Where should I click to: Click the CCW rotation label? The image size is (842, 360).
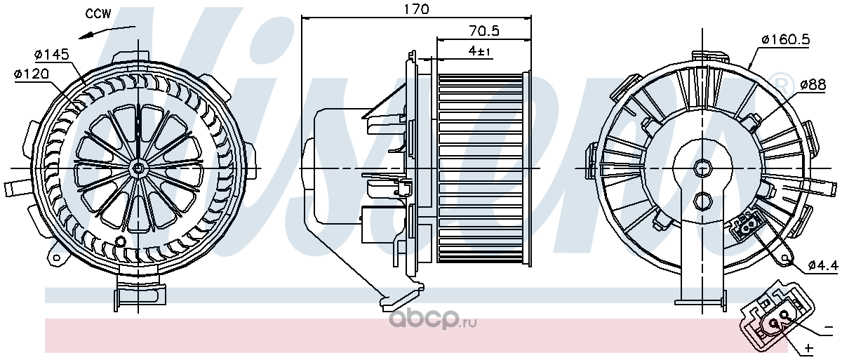pyautogui.click(x=98, y=13)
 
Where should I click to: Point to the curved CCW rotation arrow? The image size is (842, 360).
pyautogui.click(x=107, y=31)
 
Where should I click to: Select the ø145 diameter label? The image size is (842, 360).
pyautogui.click(x=52, y=55)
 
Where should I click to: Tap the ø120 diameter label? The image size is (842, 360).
pyautogui.click(x=32, y=74)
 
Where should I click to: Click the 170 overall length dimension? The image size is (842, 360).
pyautogui.click(x=416, y=8)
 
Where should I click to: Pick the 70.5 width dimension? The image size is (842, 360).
pyautogui.click(x=484, y=31)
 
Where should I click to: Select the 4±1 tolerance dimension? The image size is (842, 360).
pyautogui.click(x=480, y=51)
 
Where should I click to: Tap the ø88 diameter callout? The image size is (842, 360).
pyautogui.click(x=813, y=84)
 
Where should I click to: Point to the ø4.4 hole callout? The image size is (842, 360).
pyautogui.click(x=823, y=265)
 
